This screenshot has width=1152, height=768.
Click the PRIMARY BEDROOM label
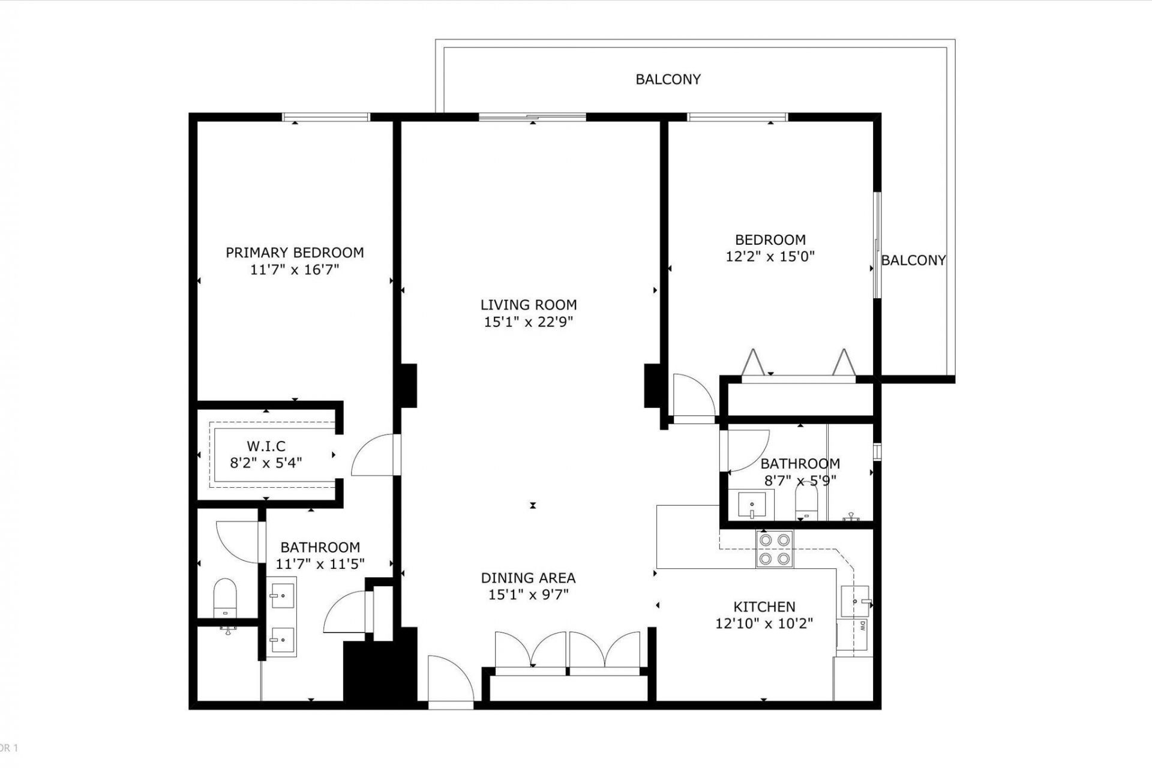[x=295, y=253]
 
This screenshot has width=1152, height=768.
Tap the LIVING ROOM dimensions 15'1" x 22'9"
[x=528, y=322]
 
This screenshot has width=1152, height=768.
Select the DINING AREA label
[x=528, y=578]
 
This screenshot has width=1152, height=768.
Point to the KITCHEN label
[x=764, y=607]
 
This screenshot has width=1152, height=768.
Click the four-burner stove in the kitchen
[x=774, y=549]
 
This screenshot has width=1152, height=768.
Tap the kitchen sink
[x=854, y=601]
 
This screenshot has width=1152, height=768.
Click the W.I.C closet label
[x=266, y=446]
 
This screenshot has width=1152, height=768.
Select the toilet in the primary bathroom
[x=225, y=598]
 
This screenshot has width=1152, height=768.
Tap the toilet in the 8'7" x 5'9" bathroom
[x=806, y=503]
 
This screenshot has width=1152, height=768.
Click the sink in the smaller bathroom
[x=751, y=505]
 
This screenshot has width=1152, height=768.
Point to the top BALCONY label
[x=668, y=79]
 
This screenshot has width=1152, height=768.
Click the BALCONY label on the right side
[x=913, y=260]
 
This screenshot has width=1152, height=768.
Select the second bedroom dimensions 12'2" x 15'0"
[x=770, y=257]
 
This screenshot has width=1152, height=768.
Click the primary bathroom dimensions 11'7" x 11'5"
[x=320, y=564]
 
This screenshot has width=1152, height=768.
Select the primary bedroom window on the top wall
[x=326, y=117]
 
